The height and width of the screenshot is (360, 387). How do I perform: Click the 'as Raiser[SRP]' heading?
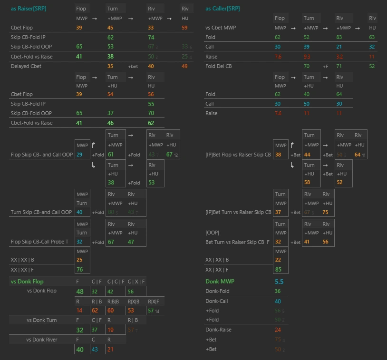click(x=29, y=9)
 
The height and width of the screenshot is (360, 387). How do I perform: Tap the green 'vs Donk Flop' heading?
click(x=27, y=282)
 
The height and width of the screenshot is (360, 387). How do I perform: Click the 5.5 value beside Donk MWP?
click(x=279, y=282)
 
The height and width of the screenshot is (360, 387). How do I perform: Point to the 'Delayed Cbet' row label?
click(x=26, y=66)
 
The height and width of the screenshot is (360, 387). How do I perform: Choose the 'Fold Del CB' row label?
click(x=219, y=66)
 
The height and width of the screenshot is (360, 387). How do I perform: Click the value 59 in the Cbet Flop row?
click(x=184, y=28)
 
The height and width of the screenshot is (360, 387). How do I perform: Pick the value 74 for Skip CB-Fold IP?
click(x=151, y=37)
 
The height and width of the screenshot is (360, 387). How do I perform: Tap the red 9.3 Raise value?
click(x=307, y=56)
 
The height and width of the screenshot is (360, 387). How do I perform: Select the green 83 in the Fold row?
click(x=339, y=37)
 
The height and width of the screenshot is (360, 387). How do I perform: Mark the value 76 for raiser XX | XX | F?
click(x=80, y=270)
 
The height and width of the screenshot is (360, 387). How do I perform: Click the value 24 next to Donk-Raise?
click(x=278, y=330)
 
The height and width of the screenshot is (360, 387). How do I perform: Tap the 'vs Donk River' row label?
click(x=41, y=340)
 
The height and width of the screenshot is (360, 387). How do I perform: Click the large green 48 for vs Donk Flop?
click(x=80, y=292)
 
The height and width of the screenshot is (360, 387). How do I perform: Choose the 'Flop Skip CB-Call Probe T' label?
click(x=39, y=242)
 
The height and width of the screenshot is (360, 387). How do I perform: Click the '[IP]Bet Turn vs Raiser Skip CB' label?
click(x=238, y=212)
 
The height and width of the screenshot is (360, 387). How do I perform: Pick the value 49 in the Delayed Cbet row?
click(x=184, y=66)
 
